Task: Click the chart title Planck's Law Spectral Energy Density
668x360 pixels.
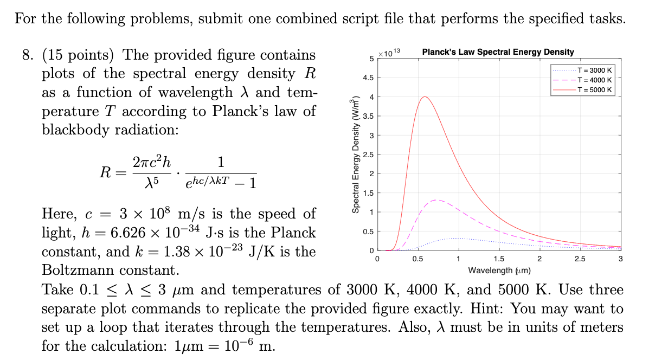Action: click(498, 52)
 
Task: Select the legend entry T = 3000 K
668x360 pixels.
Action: click(594, 70)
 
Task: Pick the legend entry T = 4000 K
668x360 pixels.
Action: click(594, 80)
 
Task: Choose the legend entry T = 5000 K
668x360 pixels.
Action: click(594, 89)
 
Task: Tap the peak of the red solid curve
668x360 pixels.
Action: click(425, 97)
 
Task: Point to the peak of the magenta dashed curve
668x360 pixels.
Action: click(438, 200)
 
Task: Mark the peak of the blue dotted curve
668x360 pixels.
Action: click(457, 238)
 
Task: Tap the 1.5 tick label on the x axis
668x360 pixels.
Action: click(499, 259)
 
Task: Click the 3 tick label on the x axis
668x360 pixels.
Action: click(620, 259)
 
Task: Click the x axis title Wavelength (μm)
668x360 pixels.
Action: click(499, 269)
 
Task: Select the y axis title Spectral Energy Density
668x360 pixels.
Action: click(356, 155)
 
